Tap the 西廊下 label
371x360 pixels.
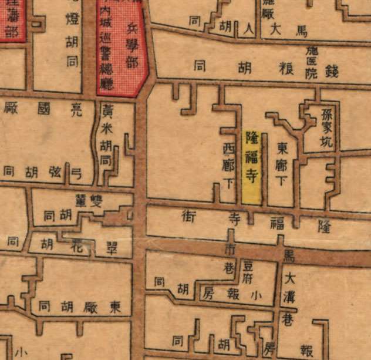click(x=229, y=165)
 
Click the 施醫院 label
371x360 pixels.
click(x=311, y=63)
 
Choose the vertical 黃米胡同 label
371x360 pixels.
click(x=108, y=135)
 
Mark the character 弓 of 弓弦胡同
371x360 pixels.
click(x=75, y=171)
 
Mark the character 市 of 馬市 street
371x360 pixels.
click(x=230, y=249)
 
